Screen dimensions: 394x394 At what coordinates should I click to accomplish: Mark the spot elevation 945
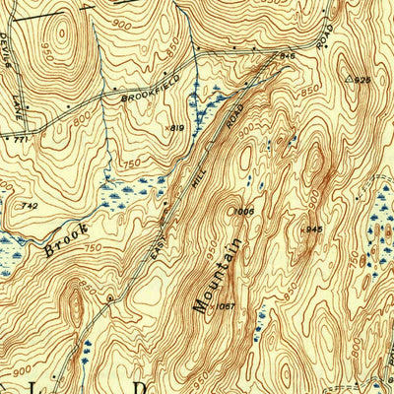tap(312, 229)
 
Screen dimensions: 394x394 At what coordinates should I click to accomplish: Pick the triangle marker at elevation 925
tap(348, 76)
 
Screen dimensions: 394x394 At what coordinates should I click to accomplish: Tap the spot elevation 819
tap(176, 128)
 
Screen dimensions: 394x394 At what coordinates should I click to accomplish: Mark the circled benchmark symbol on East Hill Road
tap(110, 296)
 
